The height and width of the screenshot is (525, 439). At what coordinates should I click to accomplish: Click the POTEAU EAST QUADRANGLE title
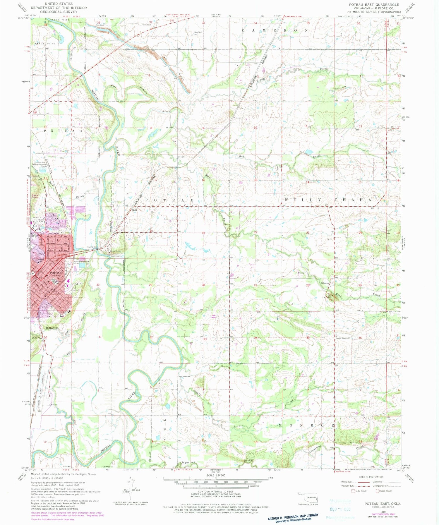pyautogui.click(x=374, y=4)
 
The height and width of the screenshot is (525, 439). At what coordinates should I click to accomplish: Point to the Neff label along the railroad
pyautogui.click(x=135, y=210)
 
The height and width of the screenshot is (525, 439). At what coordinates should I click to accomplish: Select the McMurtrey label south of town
pyautogui.click(x=52, y=328)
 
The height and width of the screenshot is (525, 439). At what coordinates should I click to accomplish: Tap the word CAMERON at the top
pyautogui.click(x=275, y=30)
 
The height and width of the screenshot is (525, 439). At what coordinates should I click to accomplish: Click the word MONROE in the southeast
pyautogui.click(x=306, y=425)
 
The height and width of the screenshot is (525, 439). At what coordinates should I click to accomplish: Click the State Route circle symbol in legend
pyautogui.click(x=378, y=491)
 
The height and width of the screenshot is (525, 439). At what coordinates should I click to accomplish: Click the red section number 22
pyautogui.click(x=256, y=232)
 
